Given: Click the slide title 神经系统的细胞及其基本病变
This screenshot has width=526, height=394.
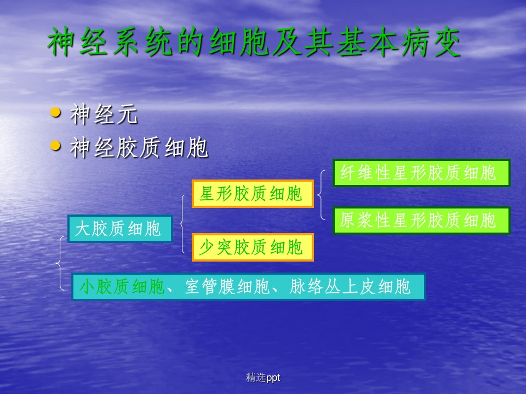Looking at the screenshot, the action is click(254, 42).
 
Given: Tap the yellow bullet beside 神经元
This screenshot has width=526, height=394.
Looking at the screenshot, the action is click(55, 113).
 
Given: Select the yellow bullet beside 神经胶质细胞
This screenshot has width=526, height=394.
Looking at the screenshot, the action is click(55, 146).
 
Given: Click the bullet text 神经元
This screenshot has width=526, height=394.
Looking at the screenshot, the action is click(104, 114).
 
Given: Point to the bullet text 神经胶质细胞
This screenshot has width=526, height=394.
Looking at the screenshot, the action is click(139, 147).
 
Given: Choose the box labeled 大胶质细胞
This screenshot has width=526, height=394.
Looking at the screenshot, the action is click(120, 229).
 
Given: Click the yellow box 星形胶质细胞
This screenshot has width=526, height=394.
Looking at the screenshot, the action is click(253, 194).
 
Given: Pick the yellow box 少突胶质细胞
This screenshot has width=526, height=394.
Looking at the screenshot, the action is click(253, 247).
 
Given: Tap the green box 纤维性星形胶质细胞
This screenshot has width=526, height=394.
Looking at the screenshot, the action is click(421, 173).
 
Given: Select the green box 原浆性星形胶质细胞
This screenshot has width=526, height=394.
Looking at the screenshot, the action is click(421, 220).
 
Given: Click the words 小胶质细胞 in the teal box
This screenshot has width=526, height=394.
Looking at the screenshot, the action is click(122, 287).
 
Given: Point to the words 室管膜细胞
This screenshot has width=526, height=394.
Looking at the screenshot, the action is click(227, 287).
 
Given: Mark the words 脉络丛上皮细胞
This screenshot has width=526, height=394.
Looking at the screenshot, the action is click(350, 287).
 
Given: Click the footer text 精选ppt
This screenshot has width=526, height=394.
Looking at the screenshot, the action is click(263, 378).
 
